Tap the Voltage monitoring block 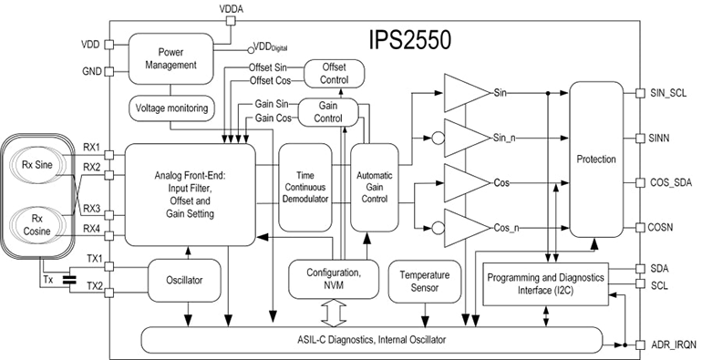click(x=172, y=108)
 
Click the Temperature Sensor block click(x=422, y=279)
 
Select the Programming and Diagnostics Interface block click(x=544, y=283)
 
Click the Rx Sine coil click(x=39, y=165)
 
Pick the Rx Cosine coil click(x=39, y=225)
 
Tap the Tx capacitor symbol click(x=70, y=279)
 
